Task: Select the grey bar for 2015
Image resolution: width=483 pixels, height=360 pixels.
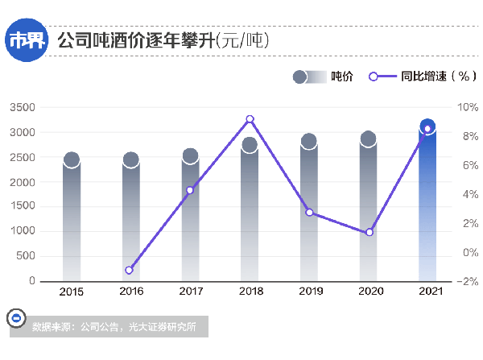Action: click(72, 221)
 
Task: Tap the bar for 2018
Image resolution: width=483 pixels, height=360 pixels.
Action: click(250, 213)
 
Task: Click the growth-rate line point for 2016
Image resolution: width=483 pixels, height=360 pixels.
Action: click(129, 270)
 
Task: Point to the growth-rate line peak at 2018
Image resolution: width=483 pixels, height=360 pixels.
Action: click(250, 119)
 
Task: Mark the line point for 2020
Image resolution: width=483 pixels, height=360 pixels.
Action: click(369, 232)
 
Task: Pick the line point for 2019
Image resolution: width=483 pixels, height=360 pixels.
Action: click(309, 213)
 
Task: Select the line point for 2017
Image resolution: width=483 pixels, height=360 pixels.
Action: click(190, 190)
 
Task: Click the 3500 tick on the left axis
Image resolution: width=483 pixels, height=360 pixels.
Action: click(23, 107)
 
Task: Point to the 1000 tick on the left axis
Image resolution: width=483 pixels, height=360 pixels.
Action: click(23, 231)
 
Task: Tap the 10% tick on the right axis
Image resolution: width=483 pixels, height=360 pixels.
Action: click(467, 107)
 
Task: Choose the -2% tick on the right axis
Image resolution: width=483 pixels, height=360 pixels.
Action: click(467, 282)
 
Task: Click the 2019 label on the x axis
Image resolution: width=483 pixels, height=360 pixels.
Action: click(309, 292)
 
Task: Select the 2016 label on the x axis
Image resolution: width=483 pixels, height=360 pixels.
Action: click(130, 292)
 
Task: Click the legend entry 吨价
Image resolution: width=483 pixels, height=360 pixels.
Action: click(341, 77)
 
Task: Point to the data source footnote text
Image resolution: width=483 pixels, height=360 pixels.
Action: click(114, 327)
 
